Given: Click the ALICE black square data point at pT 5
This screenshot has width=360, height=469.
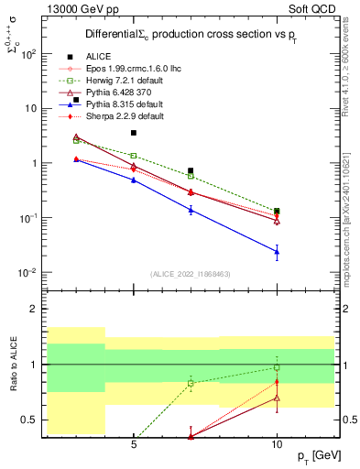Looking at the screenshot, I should tap(134, 133).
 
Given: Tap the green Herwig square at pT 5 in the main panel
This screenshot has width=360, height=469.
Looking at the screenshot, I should tap(134, 156).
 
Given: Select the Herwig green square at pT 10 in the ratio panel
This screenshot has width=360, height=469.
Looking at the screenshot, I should tap(277, 367).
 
